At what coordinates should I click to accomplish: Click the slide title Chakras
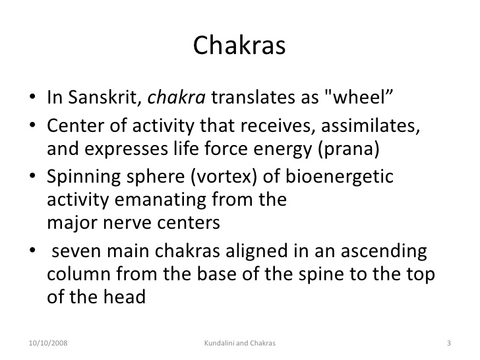pos(239,45)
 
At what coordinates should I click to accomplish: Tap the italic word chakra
pos(177,98)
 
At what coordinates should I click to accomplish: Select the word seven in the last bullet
pos(77,252)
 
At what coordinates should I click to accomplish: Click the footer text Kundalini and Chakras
pos(239,343)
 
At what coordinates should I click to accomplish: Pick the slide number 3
pos(448,343)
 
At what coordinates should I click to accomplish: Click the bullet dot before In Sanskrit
pos(33,99)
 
